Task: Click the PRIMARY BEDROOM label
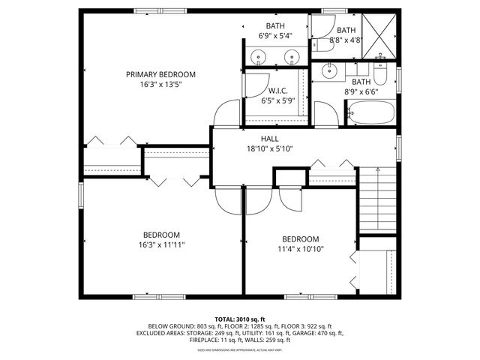point(160,74)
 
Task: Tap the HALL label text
point(269,139)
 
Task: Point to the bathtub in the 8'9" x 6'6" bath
point(370,113)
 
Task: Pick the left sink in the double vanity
point(259,56)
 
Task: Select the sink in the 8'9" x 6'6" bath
point(330,71)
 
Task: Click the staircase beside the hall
point(376,202)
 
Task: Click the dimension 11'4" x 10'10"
point(300,249)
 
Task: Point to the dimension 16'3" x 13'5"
point(160,85)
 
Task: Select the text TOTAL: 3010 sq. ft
point(240,319)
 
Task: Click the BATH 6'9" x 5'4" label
point(274,30)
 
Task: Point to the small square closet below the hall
point(289,178)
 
